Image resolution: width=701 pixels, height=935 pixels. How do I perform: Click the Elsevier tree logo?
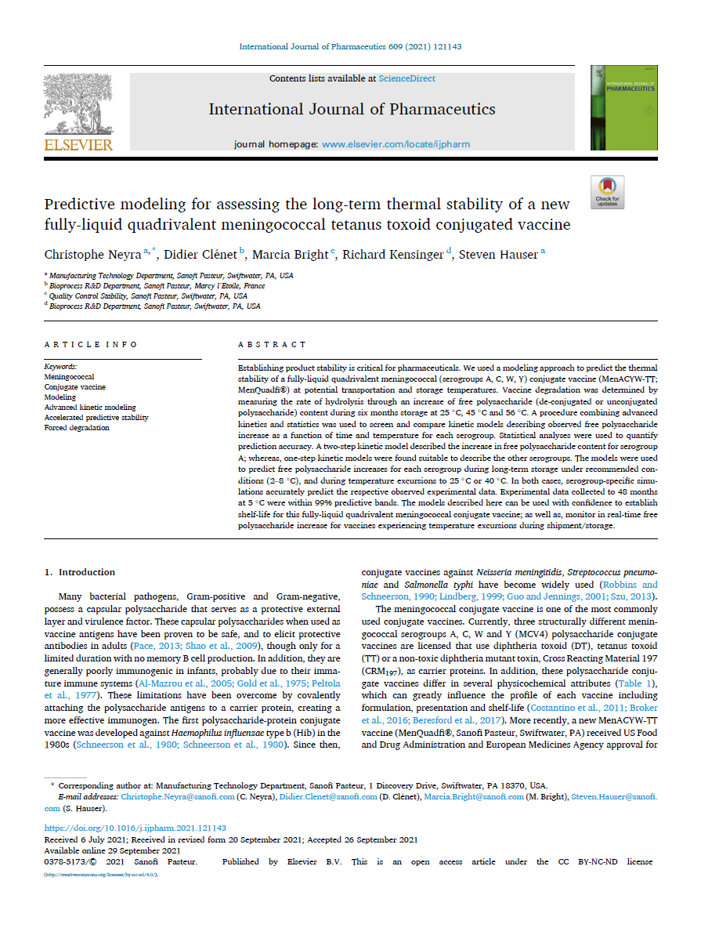(x=78, y=109)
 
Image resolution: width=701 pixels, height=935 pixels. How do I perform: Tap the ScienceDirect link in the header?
(x=407, y=78)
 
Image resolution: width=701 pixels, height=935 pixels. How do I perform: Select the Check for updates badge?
(x=607, y=192)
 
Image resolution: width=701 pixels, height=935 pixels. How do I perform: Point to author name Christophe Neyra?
(x=92, y=253)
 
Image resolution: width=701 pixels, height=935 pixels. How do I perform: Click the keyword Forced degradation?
(x=77, y=428)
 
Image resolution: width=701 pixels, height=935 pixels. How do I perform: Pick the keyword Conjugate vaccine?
(x=74, y=387)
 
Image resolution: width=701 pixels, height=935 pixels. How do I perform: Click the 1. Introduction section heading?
(x=80, y=572)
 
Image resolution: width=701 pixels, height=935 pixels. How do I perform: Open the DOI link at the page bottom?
(x=135, y=828)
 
